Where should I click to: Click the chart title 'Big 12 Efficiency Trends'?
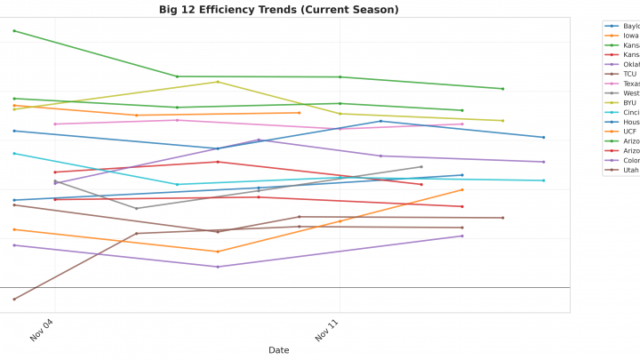(278, 10)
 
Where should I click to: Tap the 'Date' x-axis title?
(278, 350)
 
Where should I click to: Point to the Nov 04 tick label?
(42, 332)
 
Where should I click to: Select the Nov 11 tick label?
(327, 332)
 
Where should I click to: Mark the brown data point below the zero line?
(14, 300)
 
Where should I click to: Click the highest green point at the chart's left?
(14, 31)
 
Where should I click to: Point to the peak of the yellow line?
(218, 82)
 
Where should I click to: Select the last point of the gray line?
(421, 166)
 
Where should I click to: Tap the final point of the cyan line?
(544, 180)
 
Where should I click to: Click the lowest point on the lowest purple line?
(218, 267)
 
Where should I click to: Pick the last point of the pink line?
(462, 124)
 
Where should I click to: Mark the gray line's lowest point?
(136, 208)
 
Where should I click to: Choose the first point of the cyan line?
(14, 153)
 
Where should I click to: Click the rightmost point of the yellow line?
(503, 121)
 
